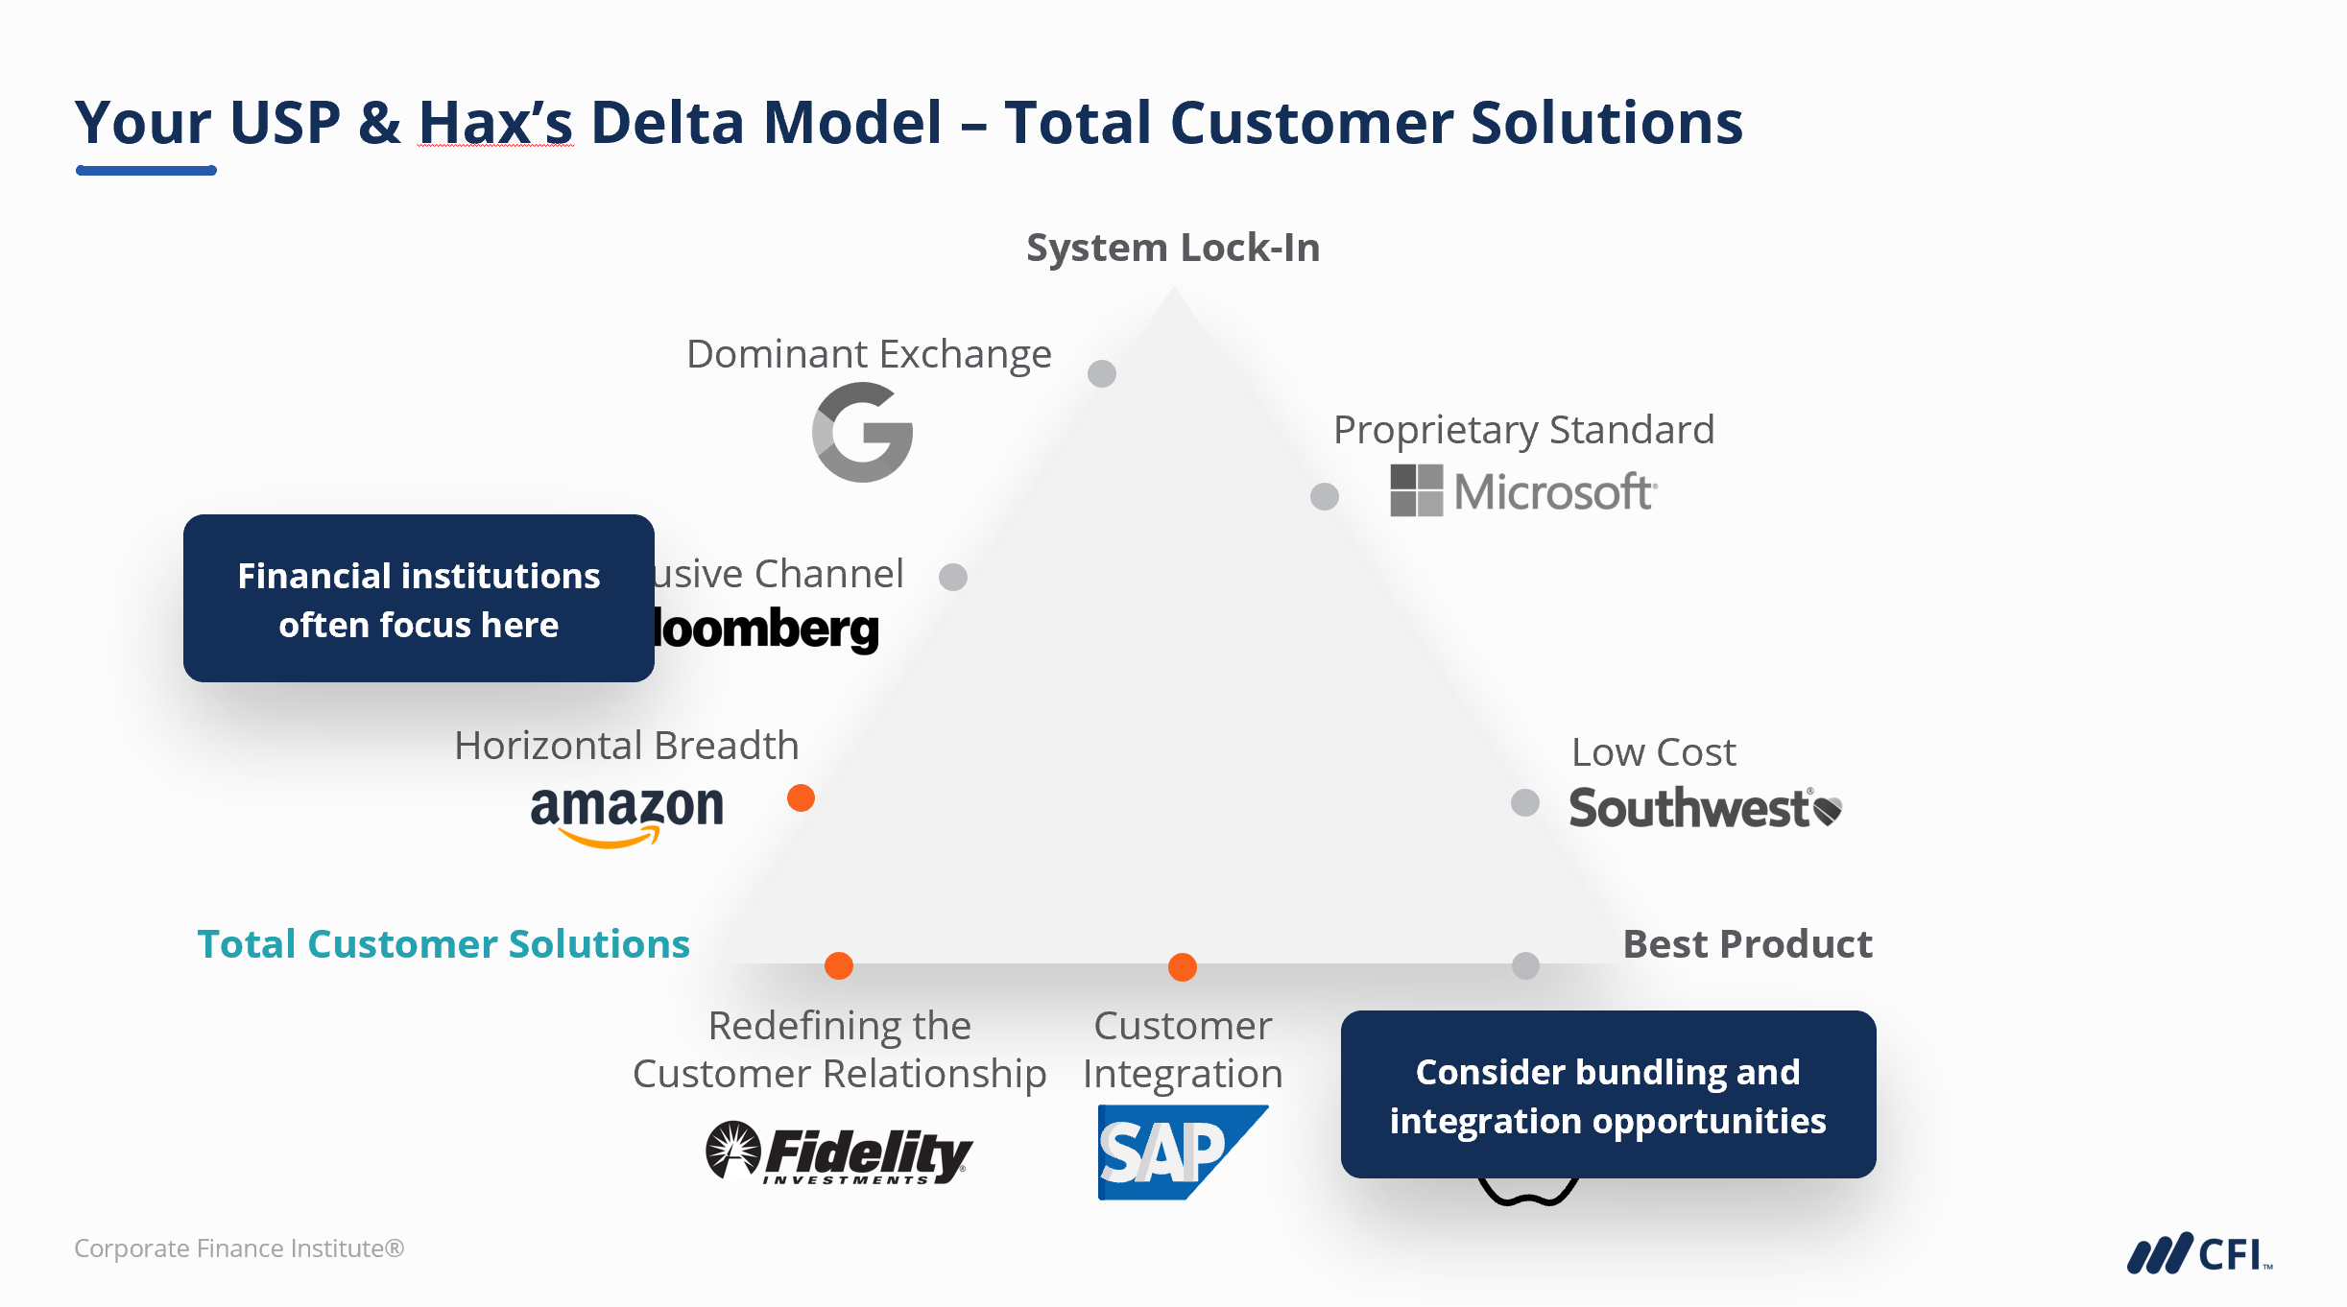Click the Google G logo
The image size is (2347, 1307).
pyautogui.click(x=862, y=433)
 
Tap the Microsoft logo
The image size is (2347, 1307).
pyautogui.click(x=1523, y=491)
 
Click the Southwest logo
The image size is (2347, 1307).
pyautogui.click(x=1705, y=808)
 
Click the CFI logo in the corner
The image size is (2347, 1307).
pyautogui.click(x=2199, y=1253)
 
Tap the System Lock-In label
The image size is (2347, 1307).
pyautogui.click(x=1173, y=248)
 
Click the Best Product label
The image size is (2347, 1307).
pyautogui.click(x=1747, y=944)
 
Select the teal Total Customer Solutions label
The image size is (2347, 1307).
pyautogui.click(x=443, y=944)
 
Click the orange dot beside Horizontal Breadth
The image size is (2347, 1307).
pyautogui.click(x=801, y=798)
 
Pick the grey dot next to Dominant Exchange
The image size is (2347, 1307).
pyautogui.click(x=1102, y=373)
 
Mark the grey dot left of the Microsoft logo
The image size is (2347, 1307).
pyautogui.click(x=1325, y=496)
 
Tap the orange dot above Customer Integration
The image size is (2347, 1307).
pyautogui.click(x=1183, y=967)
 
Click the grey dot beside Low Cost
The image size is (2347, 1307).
pyautogui.click(x=1525, y=802)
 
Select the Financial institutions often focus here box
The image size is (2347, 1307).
pyautogui.click(x=419, y=599)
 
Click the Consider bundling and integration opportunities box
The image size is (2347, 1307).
pyautogui.click(x=1608, y=1095)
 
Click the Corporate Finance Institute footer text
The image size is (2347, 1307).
pyautogui.click(x=239, y=1248)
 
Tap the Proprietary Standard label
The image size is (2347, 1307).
pyautogui.click(x=1523, y=430)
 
